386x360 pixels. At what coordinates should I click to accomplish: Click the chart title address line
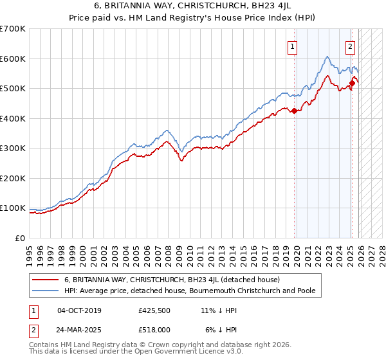pyautogui.click(x=193, y=6)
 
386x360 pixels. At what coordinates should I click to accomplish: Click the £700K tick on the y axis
pyautogui.click(x=12, y=29)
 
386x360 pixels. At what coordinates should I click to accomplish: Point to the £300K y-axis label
pyautogui.click(x=12, y=148)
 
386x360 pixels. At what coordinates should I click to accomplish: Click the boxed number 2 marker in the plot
pyautogui.click(x=351, y=46)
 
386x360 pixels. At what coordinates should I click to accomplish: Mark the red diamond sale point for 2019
pyautogui.click(x=295, y=111)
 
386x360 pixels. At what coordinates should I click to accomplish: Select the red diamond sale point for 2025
pyautogui.click(x=353, y=83)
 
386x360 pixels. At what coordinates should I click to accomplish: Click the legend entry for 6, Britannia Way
pyautogui.click(x=172, y=280)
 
